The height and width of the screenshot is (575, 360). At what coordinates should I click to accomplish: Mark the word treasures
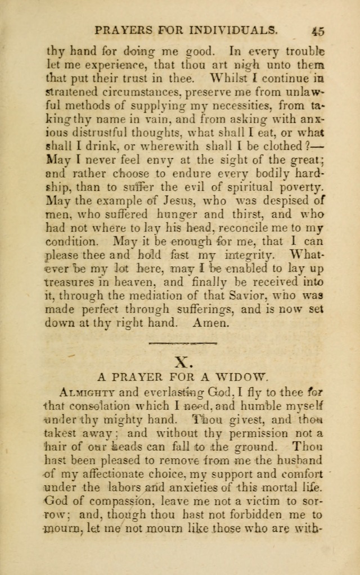click(x=71, y=282)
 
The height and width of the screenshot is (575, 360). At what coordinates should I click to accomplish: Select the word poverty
click(x=300, y=186)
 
